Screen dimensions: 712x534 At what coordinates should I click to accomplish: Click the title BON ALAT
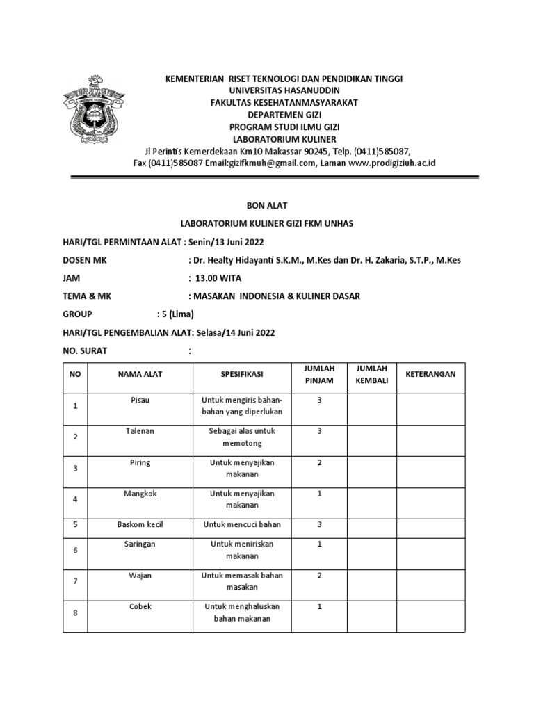click(x=263, y=205)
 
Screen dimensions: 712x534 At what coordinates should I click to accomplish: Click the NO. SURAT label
click(x=85, y=350)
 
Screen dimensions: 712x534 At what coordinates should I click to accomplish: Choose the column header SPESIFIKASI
click(x=241, y=374)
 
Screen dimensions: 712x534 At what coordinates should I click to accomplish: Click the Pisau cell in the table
click(x=140, y=400)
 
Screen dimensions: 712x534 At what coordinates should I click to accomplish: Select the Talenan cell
click(x=140, y=431)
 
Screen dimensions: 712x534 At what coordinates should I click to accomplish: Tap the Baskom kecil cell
click(x=140, y=524)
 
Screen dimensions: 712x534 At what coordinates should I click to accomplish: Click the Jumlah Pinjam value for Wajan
click(x=318, y=576)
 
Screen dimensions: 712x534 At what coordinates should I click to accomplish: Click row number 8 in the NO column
click(x=75, y=613)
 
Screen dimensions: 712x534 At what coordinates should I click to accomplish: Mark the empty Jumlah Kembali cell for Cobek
click(x=371, y=613)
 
